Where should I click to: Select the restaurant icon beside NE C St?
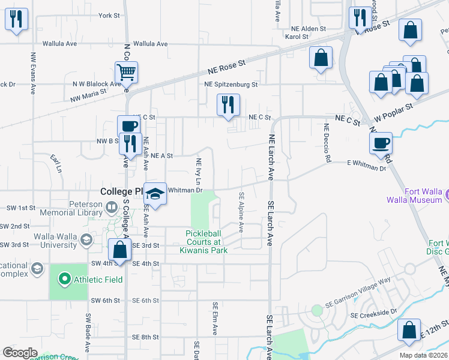point(228,105)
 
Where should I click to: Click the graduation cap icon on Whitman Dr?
point(155,194)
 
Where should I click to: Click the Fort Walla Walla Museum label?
point(424,196)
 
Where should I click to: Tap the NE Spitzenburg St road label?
point(231,85)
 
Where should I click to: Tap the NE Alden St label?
point(308,28)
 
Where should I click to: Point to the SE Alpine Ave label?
point(241,212)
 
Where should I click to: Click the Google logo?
point(20,353)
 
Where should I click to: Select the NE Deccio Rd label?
point(327,143)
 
